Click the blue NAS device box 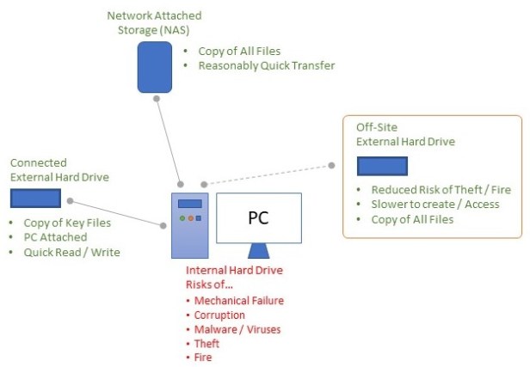pos(155,66)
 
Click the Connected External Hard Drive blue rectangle pos(35,199)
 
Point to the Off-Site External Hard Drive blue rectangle pos(382,166)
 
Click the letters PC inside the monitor pos(258,217)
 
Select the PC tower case pos(188,226)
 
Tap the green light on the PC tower pos(181,219)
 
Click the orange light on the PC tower pos(189,219)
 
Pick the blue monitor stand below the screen pos(257,250)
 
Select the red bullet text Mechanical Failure pos(238,301)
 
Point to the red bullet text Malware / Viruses pos(237,329)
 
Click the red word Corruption pos(221,315)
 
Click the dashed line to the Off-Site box pos(267,174)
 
